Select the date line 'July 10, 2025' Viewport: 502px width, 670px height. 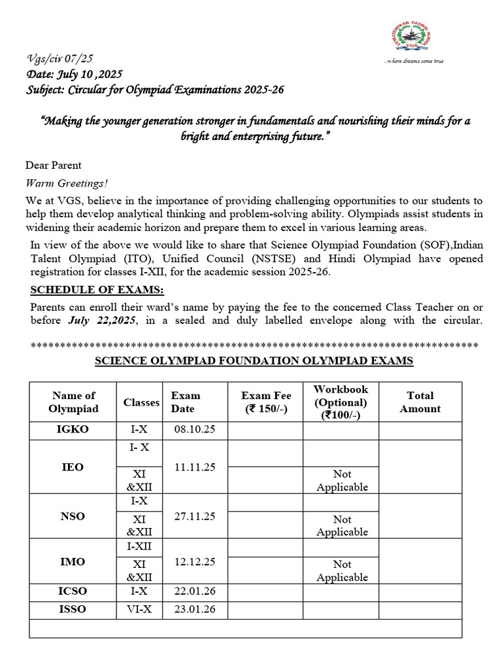74,75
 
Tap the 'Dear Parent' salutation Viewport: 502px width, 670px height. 54,165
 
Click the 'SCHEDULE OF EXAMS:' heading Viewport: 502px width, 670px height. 98,291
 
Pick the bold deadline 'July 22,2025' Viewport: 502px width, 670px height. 102,321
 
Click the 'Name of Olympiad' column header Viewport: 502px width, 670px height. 73,402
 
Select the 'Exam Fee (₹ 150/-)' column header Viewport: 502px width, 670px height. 266,402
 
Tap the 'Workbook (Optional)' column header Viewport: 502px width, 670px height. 341,402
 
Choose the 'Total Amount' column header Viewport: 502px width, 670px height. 420,402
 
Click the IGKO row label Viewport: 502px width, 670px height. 73,430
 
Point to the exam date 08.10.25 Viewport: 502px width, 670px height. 194,430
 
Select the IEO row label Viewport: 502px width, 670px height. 73,467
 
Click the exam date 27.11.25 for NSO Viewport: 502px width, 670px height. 194,516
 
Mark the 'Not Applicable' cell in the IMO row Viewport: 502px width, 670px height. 342,571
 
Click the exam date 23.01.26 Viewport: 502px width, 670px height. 194,610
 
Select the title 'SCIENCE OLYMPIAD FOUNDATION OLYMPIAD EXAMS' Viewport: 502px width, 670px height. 254,361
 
